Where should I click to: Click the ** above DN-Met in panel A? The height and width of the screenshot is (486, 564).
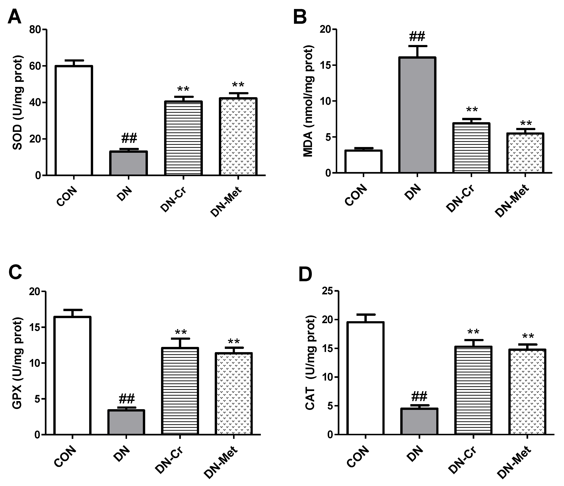coord(238,85)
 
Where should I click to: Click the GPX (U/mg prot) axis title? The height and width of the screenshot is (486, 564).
coord(18,363)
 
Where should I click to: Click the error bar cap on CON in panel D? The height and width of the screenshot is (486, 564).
coord(365,314)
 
